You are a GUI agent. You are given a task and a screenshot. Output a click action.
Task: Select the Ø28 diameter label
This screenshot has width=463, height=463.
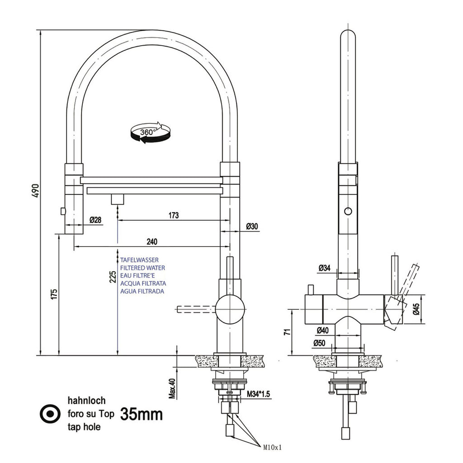point(95,220)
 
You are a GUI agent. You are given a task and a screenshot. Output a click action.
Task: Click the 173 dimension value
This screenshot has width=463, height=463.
point(173,216)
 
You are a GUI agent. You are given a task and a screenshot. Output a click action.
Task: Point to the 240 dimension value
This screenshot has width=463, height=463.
point(152,242)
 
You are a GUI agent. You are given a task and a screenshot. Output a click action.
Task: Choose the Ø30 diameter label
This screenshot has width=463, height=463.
point(252,226)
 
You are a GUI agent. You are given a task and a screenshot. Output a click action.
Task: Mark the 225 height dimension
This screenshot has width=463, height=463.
point(113,277)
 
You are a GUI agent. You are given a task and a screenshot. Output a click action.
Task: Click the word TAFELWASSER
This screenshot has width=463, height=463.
point(139,260)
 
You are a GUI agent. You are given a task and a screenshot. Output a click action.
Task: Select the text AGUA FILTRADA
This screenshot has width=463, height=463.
point(142,291)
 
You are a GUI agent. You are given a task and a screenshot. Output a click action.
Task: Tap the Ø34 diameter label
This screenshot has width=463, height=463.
point(324,268)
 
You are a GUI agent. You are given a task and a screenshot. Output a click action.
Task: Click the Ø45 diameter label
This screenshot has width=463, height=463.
point(416,310)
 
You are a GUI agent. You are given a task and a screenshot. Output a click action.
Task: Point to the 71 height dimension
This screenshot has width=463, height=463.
point(286,332)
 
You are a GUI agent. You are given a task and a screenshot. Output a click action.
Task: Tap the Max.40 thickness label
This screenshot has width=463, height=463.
point(171,388)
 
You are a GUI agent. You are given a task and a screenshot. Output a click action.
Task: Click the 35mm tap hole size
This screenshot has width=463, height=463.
point(142,414)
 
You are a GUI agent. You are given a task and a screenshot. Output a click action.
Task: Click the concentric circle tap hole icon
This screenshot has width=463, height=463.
point(50,414)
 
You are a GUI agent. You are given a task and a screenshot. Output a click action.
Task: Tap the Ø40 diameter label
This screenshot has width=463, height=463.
point(322,330)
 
